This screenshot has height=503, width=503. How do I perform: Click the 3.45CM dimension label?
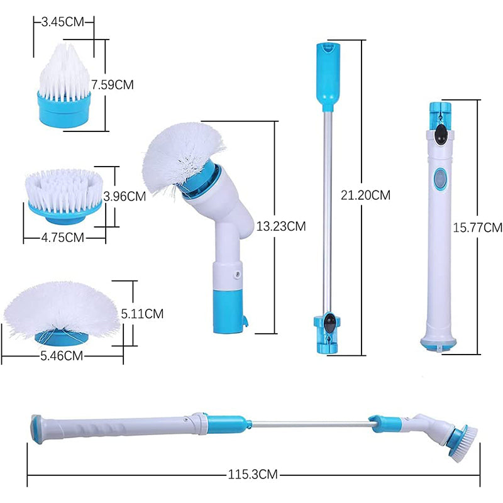pyautogui.click(x=63, y=21)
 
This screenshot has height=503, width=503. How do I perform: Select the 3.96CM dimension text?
pyautogui.click(x=124, y=196)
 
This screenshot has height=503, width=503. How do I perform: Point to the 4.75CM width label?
pyautogui.click(x=63, y=237)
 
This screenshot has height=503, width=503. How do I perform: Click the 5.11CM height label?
pyautogui.click(x=142, y=312)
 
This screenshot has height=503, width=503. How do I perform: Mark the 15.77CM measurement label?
pyautogui.click(x=478, y=226)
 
